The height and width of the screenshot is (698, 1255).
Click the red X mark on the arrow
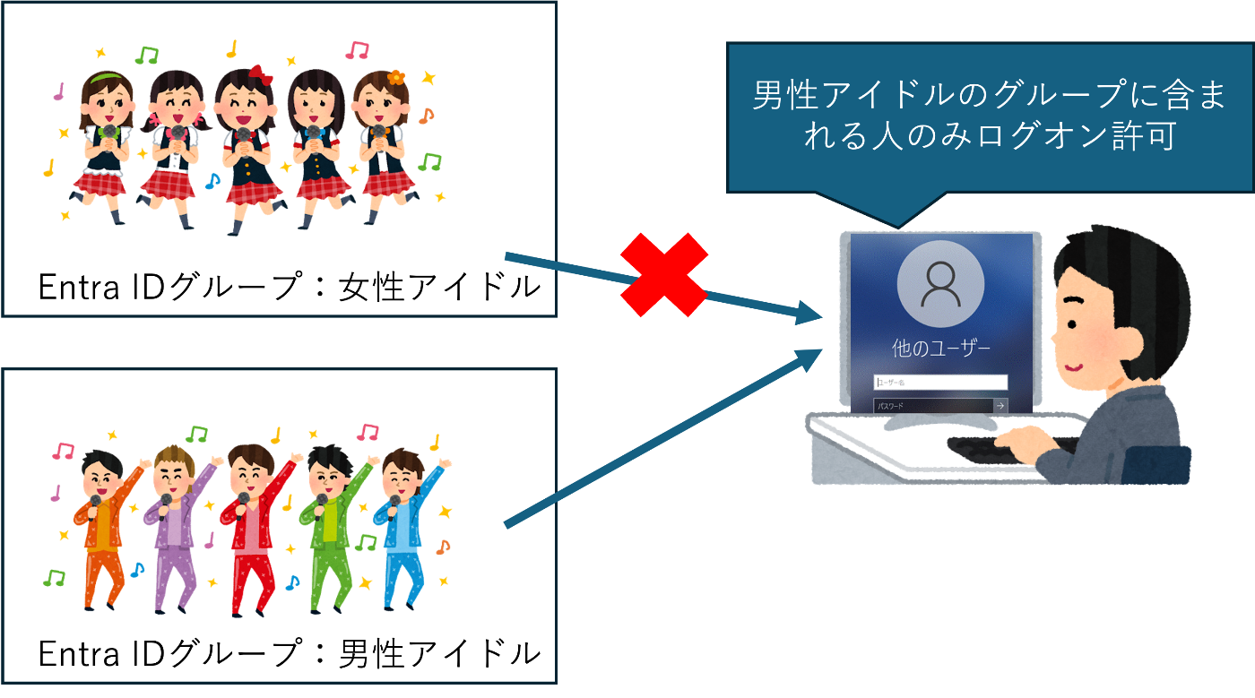point(665,275)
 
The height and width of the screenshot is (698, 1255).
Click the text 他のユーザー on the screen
point(940,348)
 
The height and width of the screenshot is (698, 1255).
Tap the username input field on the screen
point(940,383)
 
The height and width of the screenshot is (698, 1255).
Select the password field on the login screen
point(932,406)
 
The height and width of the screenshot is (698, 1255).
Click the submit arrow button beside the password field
point(1000,406)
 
